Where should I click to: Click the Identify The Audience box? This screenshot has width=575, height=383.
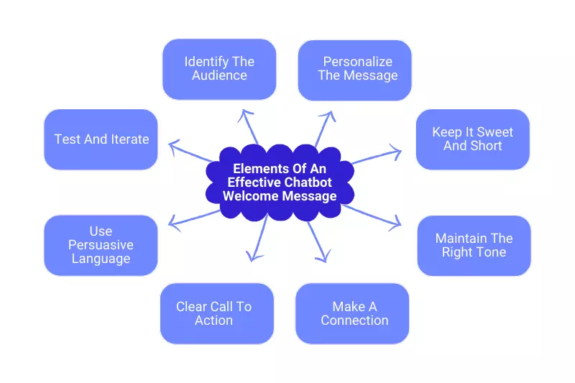(x=219, y=69)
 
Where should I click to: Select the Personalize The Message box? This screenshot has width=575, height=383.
(x=355, y=70)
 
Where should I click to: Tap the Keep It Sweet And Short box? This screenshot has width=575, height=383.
(x=472, y=139)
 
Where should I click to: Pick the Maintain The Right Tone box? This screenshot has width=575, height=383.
(x=474, y=245)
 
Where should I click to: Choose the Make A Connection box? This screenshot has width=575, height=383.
(x=352, y=313)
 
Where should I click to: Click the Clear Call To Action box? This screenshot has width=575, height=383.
(x=216, y=313)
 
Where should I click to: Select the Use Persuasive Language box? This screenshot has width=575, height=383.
(x=101, y=245)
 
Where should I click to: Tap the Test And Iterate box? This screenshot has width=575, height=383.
(x=101, y=139)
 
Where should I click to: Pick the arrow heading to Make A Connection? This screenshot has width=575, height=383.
(x=318, y=241)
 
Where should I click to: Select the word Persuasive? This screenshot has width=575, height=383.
(x=101, y=245)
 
